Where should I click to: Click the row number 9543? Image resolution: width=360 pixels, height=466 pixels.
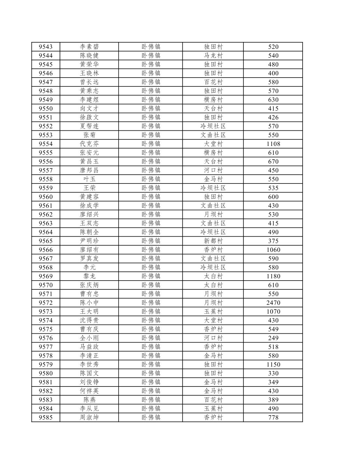(x=46, y=47)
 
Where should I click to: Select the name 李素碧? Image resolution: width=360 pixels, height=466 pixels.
(x=89, y=47)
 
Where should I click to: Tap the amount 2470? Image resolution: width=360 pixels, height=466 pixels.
(x=273, y=303)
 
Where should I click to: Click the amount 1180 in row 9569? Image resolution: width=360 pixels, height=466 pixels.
(x=273, y=276)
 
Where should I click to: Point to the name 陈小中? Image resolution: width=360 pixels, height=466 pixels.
(x=89, y=303)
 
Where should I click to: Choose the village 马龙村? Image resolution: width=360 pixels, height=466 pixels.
(x=213, y=56)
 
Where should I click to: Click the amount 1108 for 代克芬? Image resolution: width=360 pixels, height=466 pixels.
(x=273, y=144)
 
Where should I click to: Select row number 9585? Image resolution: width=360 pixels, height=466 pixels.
(x=46, y=417)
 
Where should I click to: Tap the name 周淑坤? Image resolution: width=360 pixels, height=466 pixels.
(x=89, y=417)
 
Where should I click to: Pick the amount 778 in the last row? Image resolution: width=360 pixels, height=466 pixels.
(x=273, y=417)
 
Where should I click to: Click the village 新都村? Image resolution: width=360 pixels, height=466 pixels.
(x=213, y=241)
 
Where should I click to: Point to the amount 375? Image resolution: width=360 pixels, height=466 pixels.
(x=273, y=241)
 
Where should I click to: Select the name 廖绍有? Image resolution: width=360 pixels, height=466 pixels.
(x=89, y=250)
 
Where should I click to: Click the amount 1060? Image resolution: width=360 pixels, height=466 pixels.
(x=273, y=250)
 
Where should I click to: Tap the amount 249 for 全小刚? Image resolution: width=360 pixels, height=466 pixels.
(x=273, y=338)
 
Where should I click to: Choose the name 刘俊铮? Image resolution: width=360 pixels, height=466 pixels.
(x=89, y=382)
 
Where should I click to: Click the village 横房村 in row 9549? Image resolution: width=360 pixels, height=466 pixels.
(x=213, y=100)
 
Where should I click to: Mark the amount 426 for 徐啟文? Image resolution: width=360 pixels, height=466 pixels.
(x=273, y=117)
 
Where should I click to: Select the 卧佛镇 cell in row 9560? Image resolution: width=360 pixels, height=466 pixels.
(x=151, y=197)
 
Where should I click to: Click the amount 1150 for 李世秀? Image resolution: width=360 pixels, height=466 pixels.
(x=273, y=365)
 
